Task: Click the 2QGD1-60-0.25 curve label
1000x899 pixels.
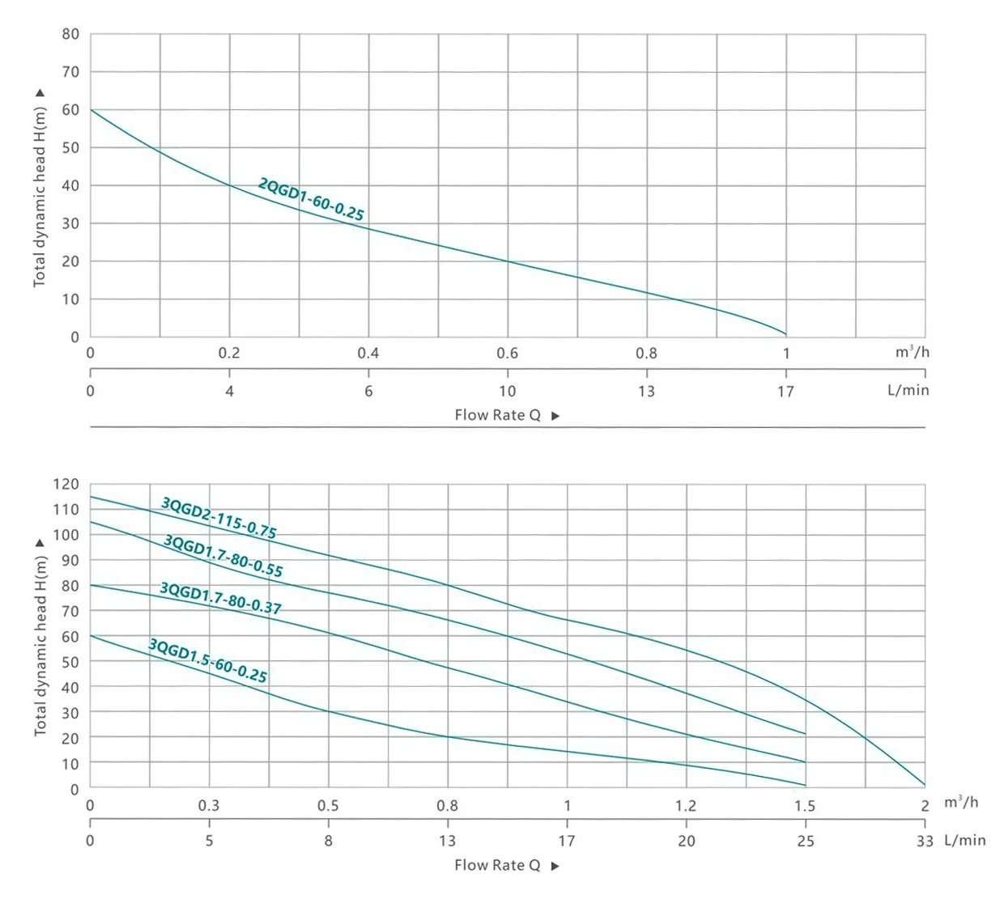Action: click(311, 199)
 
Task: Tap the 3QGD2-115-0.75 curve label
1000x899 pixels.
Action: click(219, 518)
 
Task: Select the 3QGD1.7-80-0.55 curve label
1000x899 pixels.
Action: click(223, 556)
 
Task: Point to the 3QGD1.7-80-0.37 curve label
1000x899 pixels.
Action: click(220, 599)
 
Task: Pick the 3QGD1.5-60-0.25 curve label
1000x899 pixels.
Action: click(207, 660)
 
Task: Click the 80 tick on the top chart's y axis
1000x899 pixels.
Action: click(70, 34)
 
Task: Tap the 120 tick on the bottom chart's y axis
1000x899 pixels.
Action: click(66, 484)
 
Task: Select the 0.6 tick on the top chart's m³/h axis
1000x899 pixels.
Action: click(507, 353)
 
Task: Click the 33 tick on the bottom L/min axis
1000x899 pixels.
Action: click(925, 841)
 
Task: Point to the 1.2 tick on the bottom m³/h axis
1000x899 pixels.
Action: click(685, 806)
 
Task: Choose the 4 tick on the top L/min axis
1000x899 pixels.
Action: click(229, 391)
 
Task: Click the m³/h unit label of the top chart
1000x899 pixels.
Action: click(912, 352)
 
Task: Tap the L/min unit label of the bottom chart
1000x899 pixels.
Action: click(965, 841)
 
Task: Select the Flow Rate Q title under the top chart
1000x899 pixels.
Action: click(497, 415)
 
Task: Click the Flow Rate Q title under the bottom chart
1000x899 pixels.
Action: click(497, 865)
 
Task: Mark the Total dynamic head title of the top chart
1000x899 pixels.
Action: click(40, 197)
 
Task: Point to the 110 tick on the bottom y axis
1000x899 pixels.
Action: click(66, 509)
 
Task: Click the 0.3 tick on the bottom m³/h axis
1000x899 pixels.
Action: click(208, 806)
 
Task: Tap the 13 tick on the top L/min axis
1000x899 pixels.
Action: click(646, 391)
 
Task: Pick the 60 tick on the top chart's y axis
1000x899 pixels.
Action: click(70, 110)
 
